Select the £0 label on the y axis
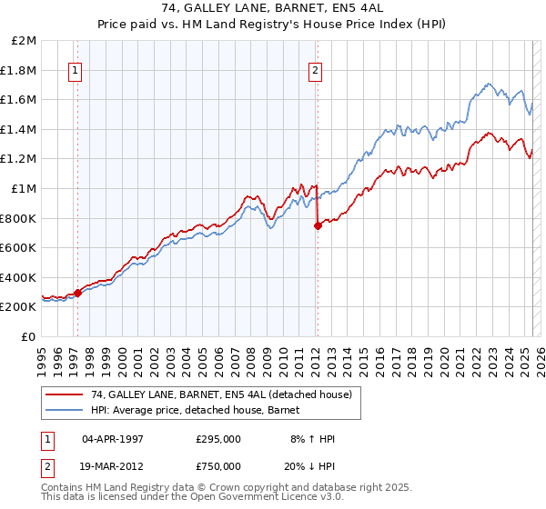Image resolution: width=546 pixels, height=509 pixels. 30,336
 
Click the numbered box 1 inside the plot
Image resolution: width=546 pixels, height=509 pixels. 75,70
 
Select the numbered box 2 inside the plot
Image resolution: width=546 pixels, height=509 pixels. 315,70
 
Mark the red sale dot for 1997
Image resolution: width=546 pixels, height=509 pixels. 77,293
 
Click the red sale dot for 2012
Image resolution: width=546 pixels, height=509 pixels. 318,226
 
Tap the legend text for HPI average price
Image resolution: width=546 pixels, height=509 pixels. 201,411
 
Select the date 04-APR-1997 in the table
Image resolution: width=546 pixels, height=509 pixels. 113,439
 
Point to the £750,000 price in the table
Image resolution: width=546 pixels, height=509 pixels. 218,466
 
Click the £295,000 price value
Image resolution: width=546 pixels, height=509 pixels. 218,439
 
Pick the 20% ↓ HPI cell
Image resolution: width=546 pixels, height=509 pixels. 310,466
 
